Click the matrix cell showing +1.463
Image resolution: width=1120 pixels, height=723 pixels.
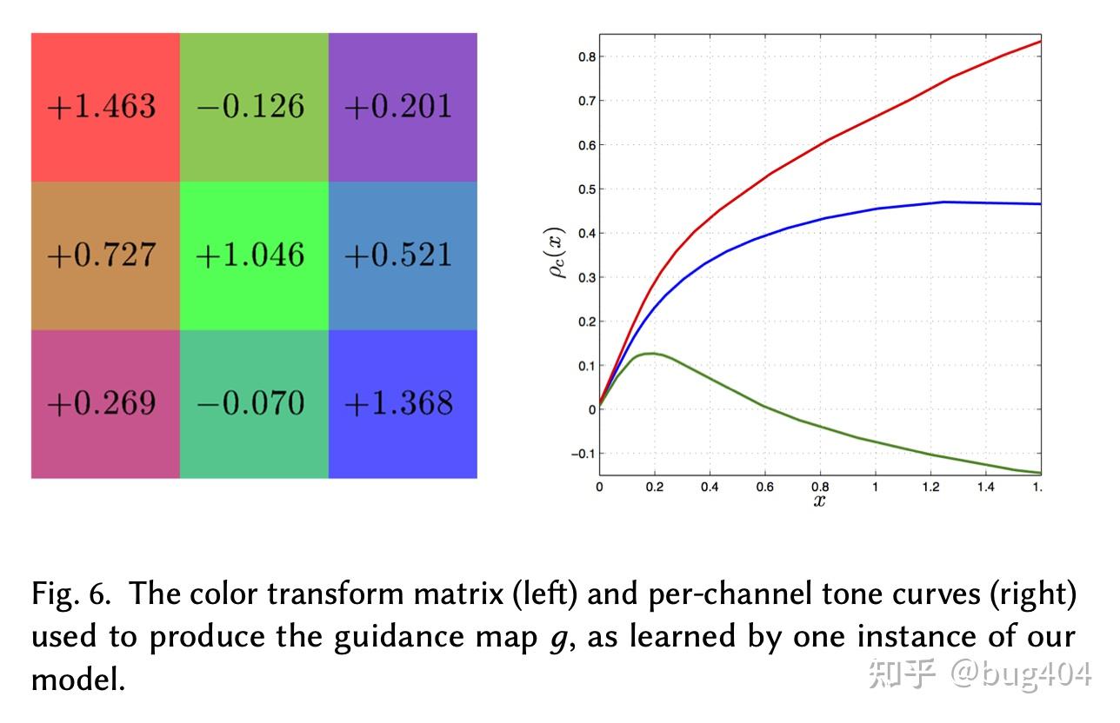pyautogui.click(x=105, y=107)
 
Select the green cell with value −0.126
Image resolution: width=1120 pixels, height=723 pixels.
pyautogui.click(x=254, y=107)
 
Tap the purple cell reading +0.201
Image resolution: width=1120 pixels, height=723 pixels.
pyautogui.click(x=403, y=107)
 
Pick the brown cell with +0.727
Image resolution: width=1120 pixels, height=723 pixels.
pyautogui.click(x=105, y=255)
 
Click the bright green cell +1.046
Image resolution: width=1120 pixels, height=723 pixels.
pyautogui.click(x=254, y=255)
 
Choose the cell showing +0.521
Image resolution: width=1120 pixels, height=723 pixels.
pyautogui.click(x=403, y=255)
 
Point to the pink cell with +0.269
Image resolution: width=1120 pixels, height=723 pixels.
pyautogui.click(x=105, y=404)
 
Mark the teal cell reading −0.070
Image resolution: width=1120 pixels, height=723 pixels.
pyautogui.click(x=254, y=404)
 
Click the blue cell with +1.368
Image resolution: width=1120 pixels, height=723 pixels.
pyautogui.click(x=403, y=404)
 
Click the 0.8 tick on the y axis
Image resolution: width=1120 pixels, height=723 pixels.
pyautogui.click(x=586, y=56)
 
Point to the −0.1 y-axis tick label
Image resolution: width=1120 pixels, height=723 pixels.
pyautogui.click(x=583, y=454)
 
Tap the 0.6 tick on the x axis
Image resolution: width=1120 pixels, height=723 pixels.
pyautogui.click(x=764, y=488)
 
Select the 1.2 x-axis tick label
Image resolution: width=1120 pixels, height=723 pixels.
pyautogui.click(x=930, y=488)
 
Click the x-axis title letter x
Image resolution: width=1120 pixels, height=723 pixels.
pyautogui.click(x=819, y=501)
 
